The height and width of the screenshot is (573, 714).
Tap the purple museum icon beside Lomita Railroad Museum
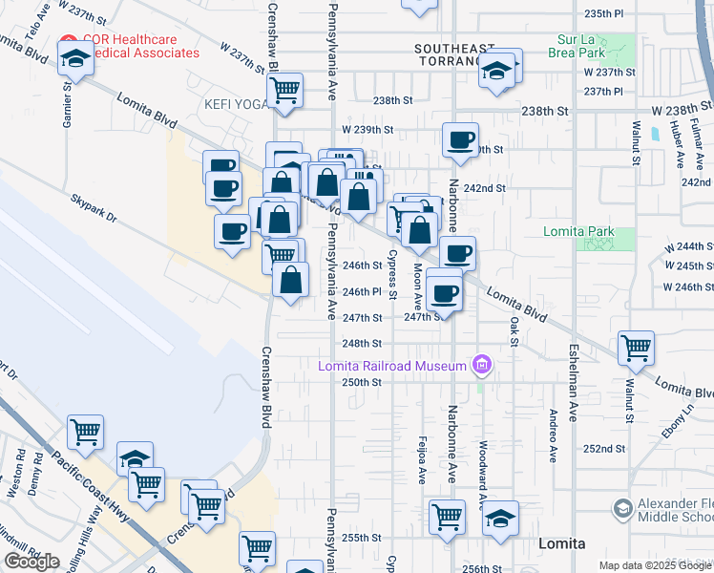click(x=482, y=365)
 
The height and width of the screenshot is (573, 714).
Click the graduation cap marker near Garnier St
click(x=74, y=60)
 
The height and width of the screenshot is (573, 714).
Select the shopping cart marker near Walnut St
click(x=636, y=347)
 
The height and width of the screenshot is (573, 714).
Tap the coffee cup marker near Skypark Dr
click(x=232, y=230)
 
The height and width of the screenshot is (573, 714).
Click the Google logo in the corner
click(x=31, y=562)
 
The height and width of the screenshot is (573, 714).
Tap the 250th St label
click(x=363, y=381)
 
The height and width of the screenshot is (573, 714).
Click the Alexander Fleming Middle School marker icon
click(x=623, y=507)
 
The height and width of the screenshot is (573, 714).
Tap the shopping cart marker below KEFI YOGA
click(x=286, y=90)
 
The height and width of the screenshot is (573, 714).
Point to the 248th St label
click(x=363, y=343)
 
